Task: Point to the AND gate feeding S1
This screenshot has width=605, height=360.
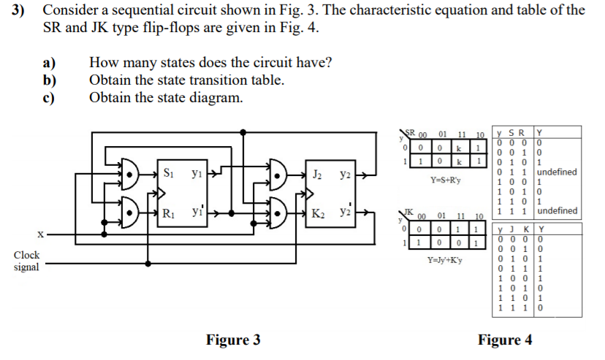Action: [x=128, y=175]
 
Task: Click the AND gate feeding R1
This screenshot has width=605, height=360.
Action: [x=128, y=213]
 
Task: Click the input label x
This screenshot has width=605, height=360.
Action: [x=42, y=235]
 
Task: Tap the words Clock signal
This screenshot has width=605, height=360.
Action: [x=27, y=261]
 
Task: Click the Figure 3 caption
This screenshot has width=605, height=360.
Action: [x=233, y=340]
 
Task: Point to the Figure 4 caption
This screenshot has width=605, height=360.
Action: [x=505, y=340]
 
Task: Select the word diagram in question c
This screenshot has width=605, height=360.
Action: [x=213, y=98]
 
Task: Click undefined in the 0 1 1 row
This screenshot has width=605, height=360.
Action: [x=556, y=172]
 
